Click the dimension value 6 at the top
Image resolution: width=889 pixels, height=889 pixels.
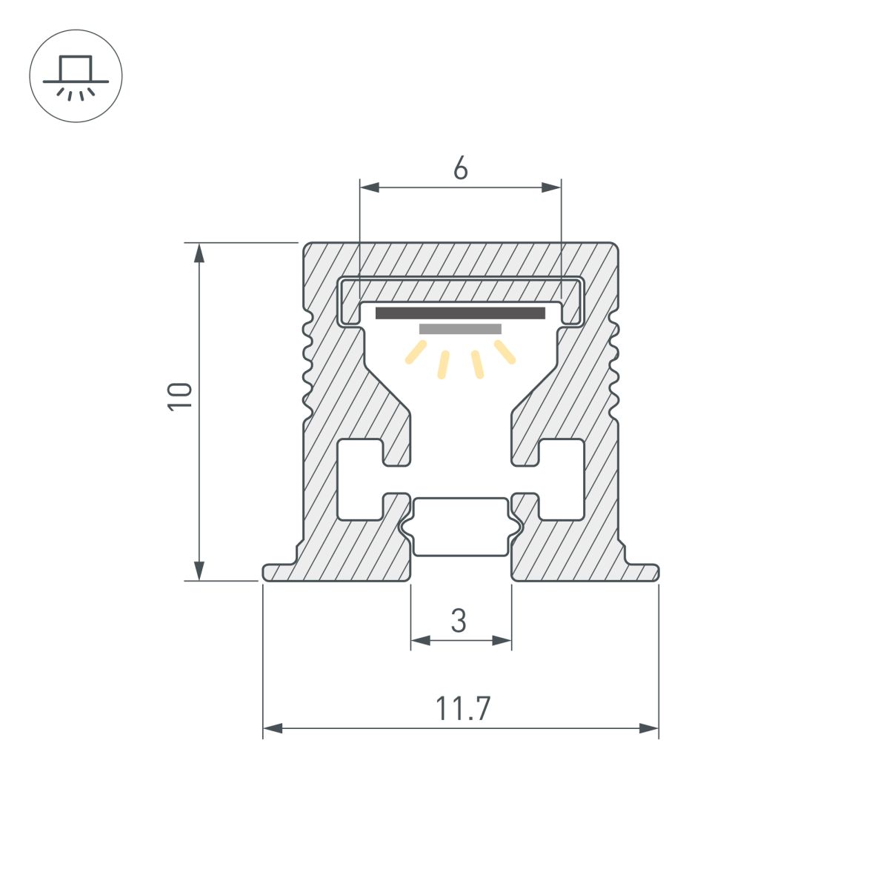[460, 170]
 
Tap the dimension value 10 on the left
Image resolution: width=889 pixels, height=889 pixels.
[181, 396]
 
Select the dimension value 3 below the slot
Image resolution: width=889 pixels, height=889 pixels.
[459, 621]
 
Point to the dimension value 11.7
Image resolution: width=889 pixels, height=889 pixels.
[462, 709]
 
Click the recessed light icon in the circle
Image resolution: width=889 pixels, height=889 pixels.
[76, 76]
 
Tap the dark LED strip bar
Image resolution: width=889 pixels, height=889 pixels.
[460, 313]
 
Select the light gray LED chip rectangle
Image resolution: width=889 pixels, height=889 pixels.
[460, 329]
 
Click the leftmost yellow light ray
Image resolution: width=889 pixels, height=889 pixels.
[416, 353]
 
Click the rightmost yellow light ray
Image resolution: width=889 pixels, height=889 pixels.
[505, 353]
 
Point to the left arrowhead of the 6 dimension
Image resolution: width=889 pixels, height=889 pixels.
[369, 187]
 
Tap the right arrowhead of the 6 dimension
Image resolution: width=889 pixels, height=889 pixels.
[551, 187]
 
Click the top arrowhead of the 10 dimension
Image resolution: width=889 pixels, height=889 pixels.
[199, 253]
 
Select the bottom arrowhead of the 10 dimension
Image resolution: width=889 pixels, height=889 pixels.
[199, 570]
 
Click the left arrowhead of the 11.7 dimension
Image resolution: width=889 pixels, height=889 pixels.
[273, 729]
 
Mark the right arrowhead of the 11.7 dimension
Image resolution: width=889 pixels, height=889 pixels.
[649, 729]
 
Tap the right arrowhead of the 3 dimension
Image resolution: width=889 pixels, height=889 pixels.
[503, 640]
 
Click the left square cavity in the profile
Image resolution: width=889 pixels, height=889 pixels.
[358, 479]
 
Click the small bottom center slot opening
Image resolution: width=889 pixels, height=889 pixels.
[461, 527]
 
